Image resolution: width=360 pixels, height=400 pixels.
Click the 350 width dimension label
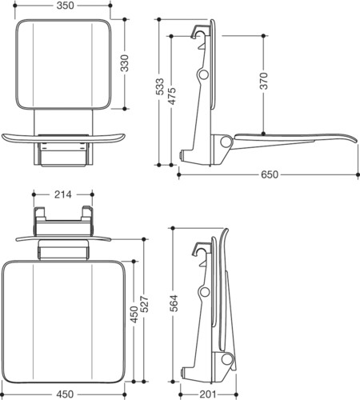[x=65, y=6]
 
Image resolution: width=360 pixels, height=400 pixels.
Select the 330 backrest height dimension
[x=125, y=63]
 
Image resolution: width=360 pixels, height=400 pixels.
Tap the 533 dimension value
[x=159, y=86]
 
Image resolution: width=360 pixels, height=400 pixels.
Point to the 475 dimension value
[x=172, y=96]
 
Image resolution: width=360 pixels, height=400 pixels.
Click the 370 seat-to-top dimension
[x=264, y=81]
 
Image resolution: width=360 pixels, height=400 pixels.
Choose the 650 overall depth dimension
[x=270, y=174]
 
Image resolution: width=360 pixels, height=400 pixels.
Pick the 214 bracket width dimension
[x=63, y=194]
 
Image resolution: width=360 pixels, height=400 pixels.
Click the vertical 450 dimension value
[x=134, y=314]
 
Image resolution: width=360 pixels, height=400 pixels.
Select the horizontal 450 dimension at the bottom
[x=65, y=394]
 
